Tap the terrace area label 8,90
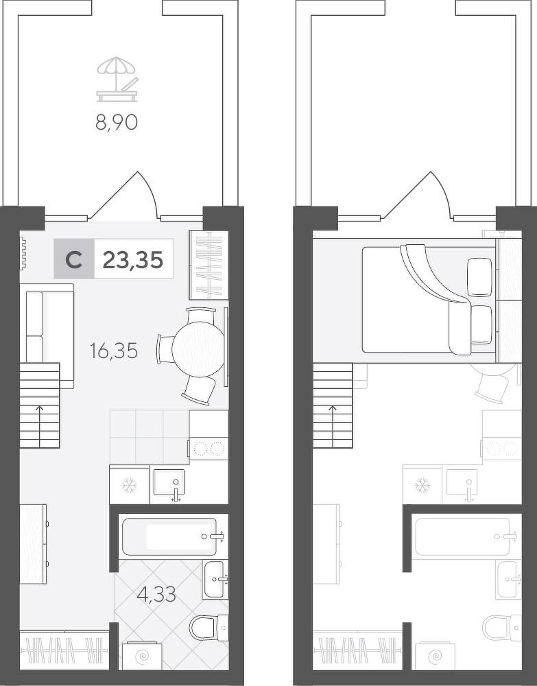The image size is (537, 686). [x=117, y=123]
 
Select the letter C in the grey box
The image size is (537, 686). [x=74, y=260]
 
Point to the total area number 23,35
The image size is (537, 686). [x=132, y=260]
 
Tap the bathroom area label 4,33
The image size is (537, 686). [x=156, y=594]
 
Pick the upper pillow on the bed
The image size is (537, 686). [x=479, y=276]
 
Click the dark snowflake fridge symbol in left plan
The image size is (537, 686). [x=130, y=485]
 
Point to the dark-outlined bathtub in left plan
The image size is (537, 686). [x=169, y=537]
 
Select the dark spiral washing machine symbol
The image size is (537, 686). [x=143, y=657]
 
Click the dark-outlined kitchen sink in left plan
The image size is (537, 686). [x=169, y=484]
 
